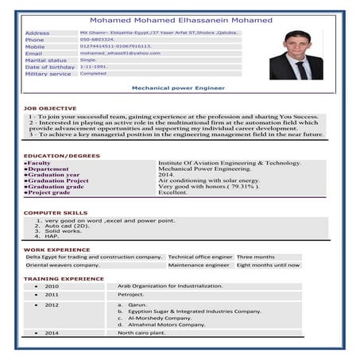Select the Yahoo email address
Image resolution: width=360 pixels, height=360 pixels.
click(x=119, y=52)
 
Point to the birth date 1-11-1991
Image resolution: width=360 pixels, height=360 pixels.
click(x=93, y=67)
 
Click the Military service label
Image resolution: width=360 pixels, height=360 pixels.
click(x=48, y=73)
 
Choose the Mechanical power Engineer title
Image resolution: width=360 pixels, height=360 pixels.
click(x=177, y=88)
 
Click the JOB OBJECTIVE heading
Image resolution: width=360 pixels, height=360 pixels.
click(x=50, y=108)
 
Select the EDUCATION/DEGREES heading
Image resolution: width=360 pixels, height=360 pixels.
click(x=61, y=156)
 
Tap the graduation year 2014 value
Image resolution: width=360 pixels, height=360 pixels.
click(x=166, y=174)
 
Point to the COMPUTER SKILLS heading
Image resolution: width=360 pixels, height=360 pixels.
click(x=55, y=213)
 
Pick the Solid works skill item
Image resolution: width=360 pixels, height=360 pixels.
click(x=63, y=230)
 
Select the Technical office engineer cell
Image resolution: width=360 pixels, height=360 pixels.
click(x=200, y=257)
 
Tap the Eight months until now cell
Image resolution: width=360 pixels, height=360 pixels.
click(x=269, y=265)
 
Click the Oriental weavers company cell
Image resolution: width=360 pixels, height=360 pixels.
click(x=63, y=265)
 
